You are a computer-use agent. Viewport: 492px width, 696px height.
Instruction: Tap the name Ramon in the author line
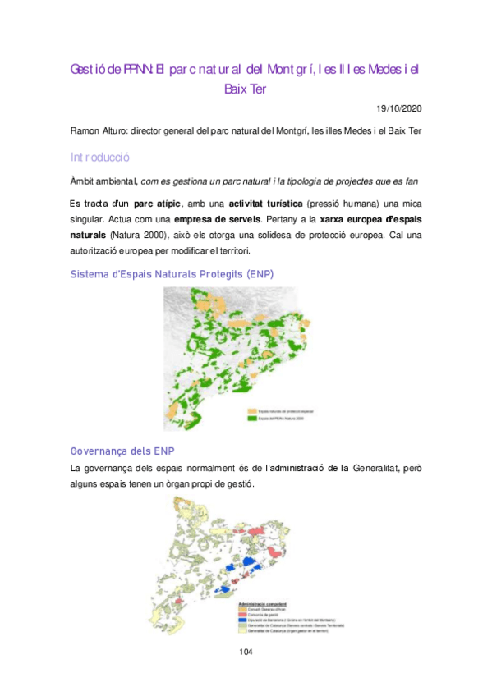pyautogui.click(x=87, y=132)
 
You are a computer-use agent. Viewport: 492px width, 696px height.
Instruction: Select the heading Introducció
pyautogui.click(x=100, y=157)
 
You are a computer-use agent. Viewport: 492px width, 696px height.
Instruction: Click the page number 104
pyautogui.click(x=246, y=652)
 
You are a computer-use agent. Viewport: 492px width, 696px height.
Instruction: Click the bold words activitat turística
pyautogui.click(x=243, y=202)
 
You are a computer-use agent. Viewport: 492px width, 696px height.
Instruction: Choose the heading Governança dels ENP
pyautogui.click(x=122, y=451)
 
